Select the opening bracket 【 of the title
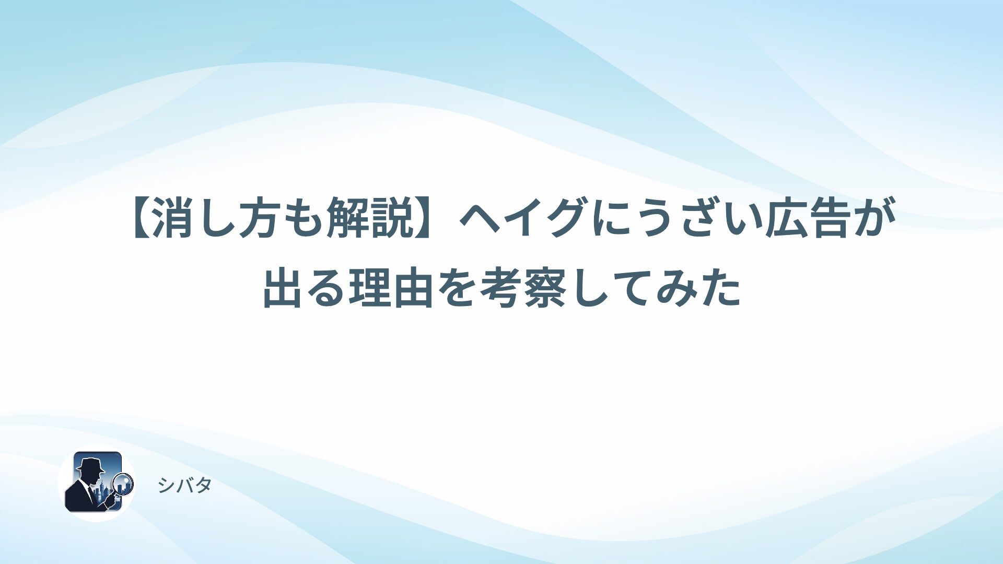(141, 218)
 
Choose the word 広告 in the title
(807, 218)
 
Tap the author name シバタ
(184, 486)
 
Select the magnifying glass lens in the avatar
(123, 484)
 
